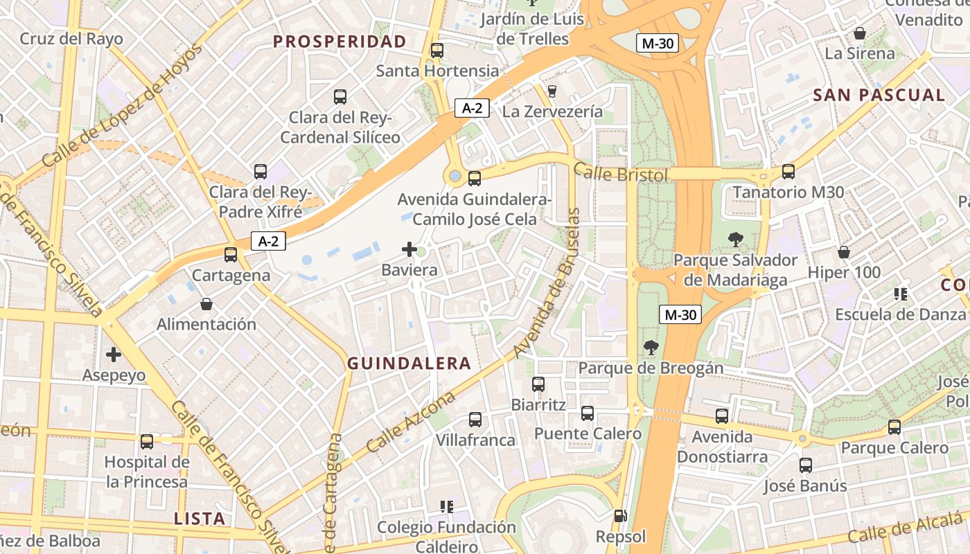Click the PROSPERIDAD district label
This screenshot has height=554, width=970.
[339, 42]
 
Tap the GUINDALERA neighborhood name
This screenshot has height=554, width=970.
[409, 364]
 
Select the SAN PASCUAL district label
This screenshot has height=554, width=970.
[879, 96]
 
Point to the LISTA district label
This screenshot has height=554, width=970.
[200, 519]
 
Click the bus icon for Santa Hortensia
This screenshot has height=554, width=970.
[436, 51]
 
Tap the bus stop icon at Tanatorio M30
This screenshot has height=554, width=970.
[788, 172]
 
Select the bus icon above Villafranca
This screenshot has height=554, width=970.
[475, 419]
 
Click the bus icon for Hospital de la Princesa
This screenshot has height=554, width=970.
[147, 441]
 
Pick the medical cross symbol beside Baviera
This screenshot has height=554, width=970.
[409, 249]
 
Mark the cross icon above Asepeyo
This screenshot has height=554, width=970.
[114, 355]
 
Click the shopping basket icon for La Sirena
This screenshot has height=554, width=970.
[860, 33]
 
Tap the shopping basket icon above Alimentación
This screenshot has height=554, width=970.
[206, 304]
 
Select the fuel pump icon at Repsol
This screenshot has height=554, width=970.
[620, 516]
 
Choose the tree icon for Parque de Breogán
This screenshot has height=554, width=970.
[651, 348]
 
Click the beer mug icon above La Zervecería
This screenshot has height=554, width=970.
[552, 91]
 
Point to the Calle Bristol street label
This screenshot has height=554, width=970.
[621, 173]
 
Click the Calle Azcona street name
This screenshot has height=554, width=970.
[410, 422]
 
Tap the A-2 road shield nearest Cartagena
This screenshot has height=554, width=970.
[268, 241]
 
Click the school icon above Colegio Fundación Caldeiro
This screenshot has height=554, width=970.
[447, 507]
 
